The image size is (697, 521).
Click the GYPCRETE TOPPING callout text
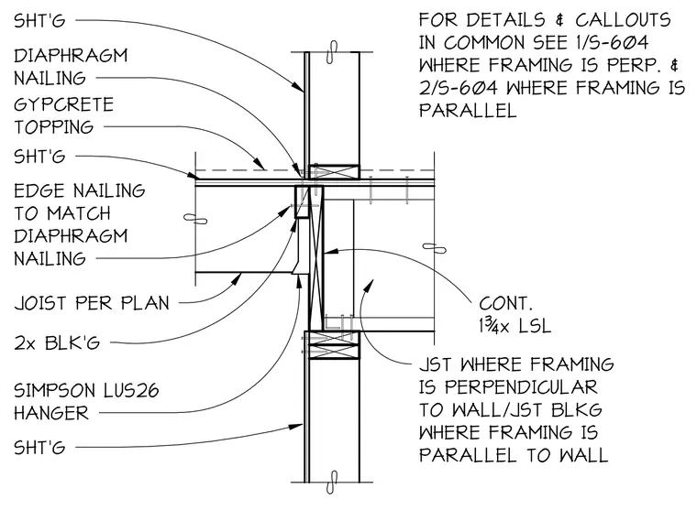coord(63,115)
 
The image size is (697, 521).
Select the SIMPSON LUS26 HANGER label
coord(86,402)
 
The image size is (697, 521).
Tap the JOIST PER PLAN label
coord(92,303)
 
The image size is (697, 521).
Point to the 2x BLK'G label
coord(57,343)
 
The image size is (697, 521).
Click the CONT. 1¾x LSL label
coord(514,315)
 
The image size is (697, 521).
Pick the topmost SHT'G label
coord(39,20)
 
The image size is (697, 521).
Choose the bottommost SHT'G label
coord(39,448)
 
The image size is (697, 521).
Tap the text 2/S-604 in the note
coord(459,88)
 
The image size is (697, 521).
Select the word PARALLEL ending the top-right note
coord(468,111)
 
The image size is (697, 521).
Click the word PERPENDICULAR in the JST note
coord(522,387)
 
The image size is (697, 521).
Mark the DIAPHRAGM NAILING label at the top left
coord(71,67)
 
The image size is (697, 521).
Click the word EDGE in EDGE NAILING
coord(39,190)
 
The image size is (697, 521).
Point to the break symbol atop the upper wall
coord(332,52)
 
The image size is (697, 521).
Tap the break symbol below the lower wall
coord(332,483)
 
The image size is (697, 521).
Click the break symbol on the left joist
coord(195,219)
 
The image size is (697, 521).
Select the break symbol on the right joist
coord(435,248)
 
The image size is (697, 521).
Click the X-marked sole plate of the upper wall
coord(334,172)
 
